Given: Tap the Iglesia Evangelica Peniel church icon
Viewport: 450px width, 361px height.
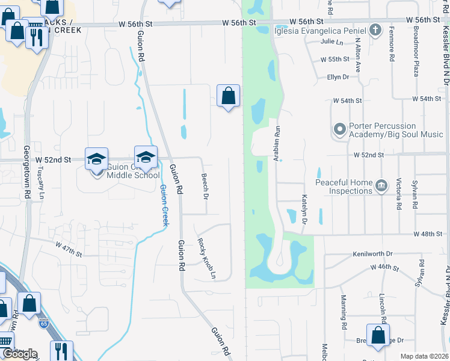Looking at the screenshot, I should (375, 29).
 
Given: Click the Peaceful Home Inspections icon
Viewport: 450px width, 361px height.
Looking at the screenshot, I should (381, 186).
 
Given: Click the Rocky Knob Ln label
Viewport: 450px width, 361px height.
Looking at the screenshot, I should (206, 259).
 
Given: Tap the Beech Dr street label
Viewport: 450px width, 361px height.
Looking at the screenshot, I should (205, 187).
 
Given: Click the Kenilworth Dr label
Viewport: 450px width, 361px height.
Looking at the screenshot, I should (372, 255).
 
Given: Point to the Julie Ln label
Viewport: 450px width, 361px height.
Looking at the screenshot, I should (331, 42).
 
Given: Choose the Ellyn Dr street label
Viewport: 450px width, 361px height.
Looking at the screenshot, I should (338, 77).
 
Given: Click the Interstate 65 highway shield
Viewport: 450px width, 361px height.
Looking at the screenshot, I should (43, 323).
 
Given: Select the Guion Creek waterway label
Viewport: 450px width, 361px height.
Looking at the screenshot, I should (164, 205).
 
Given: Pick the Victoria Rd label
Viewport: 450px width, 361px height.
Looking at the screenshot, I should (399, 194).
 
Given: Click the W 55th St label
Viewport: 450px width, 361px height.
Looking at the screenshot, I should (335, 60).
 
